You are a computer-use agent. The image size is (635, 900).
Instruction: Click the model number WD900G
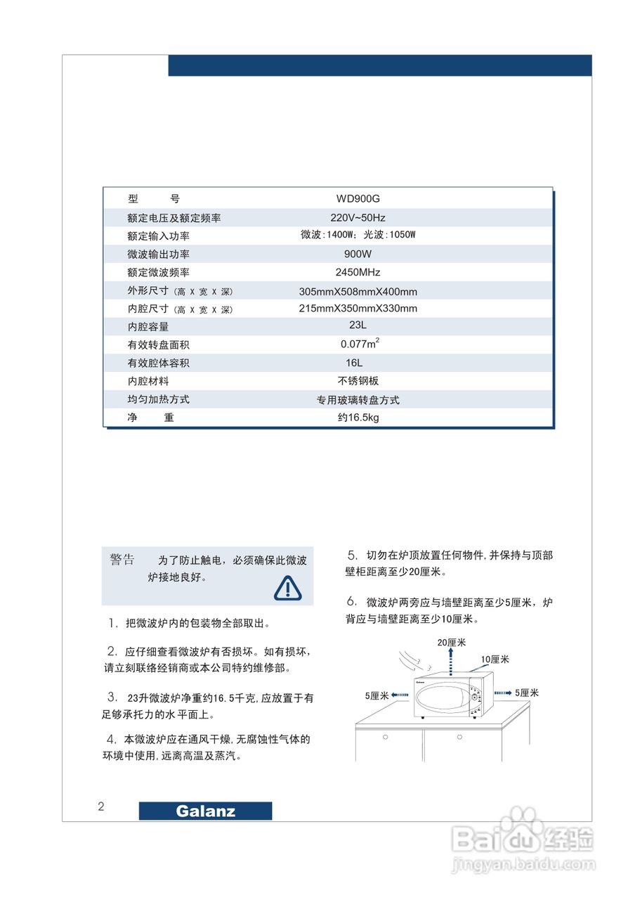coord(358,199)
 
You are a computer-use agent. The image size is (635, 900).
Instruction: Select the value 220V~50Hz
coord(358,217)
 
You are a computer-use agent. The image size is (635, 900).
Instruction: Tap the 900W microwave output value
coord(358,254)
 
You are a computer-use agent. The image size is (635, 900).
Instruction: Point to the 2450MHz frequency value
coord(358,272)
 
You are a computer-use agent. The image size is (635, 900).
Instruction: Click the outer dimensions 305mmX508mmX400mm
coord(358,291)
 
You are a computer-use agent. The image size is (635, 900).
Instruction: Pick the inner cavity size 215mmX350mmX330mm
coord(358,309)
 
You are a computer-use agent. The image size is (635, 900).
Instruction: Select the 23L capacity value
coord(358,326)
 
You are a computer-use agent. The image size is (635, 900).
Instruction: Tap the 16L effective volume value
coord(358,363)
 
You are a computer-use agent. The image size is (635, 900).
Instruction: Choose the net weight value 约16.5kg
coord(358,418)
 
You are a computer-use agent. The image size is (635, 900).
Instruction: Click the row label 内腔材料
coord(148,381)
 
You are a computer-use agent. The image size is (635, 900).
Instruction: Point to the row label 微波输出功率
coord(159,254)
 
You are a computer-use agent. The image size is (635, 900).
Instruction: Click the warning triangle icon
coord(287,588)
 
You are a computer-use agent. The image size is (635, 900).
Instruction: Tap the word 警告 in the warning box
coord(122,560)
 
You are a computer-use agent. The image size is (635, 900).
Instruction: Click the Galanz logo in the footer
coord(205,811)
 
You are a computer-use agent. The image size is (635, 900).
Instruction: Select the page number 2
coord(101,806)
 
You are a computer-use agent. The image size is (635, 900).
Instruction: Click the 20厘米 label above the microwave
coord(452,642)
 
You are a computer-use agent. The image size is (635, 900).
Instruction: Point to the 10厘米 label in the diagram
coord(495,660)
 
